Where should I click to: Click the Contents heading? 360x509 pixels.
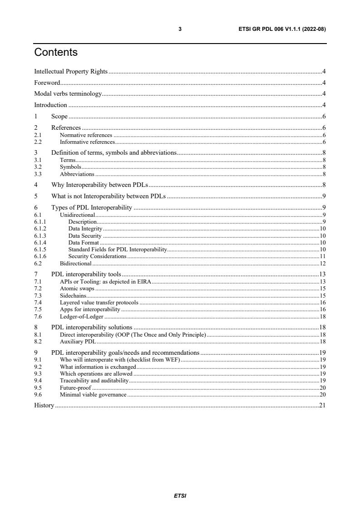(x=56, y=53)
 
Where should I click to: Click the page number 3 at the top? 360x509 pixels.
(x=180, y=29)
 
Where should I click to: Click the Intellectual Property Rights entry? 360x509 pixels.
(x=71, y=71)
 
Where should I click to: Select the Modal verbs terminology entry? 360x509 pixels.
(x=68, y=94)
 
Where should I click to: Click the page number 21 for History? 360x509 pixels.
(x=322, y=405)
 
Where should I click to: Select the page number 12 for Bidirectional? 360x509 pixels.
(x=323, y=263)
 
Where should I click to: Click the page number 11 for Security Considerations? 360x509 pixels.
(x=323, y=256)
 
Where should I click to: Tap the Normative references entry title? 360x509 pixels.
(x=86, y=135)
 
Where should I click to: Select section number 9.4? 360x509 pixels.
(x=38, y=381)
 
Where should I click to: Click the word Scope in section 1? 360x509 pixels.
(x=59, y=117)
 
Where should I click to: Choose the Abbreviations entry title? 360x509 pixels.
(x=77, y=174)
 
